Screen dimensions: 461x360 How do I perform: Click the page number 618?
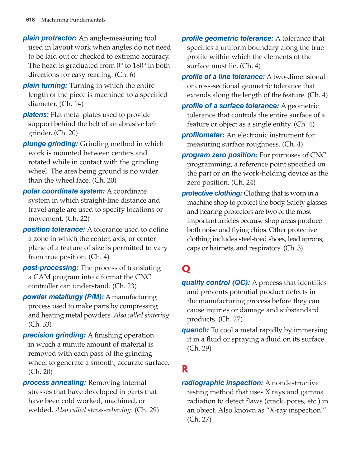pos(30,20)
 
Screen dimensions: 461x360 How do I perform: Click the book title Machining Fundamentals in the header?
pos(73,20)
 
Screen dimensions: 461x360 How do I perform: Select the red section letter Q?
pos(186,269)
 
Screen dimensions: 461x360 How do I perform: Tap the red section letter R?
pos(185,369)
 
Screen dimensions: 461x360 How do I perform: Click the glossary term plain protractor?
pos(50,38)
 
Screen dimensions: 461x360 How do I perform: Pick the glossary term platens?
pos(36,115)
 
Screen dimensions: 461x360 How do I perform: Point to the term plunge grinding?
pos(50,144)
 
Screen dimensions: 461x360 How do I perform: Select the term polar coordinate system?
pos(64,191)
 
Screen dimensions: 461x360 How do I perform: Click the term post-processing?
pos(50,268)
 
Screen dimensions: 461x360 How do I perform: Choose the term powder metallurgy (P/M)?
pos(63,297)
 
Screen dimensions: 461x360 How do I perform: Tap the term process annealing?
pos(54,383)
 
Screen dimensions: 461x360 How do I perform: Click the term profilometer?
pos(203,135)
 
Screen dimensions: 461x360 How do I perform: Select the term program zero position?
pos(219,155)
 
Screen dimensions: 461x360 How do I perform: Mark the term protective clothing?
pos(212,194)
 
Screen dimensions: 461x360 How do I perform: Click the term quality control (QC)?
pos(216,283)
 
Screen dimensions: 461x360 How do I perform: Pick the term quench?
pos(195,330)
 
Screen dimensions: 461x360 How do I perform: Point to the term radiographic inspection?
pos(222,383)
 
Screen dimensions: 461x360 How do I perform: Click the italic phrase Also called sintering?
pos(142,315)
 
